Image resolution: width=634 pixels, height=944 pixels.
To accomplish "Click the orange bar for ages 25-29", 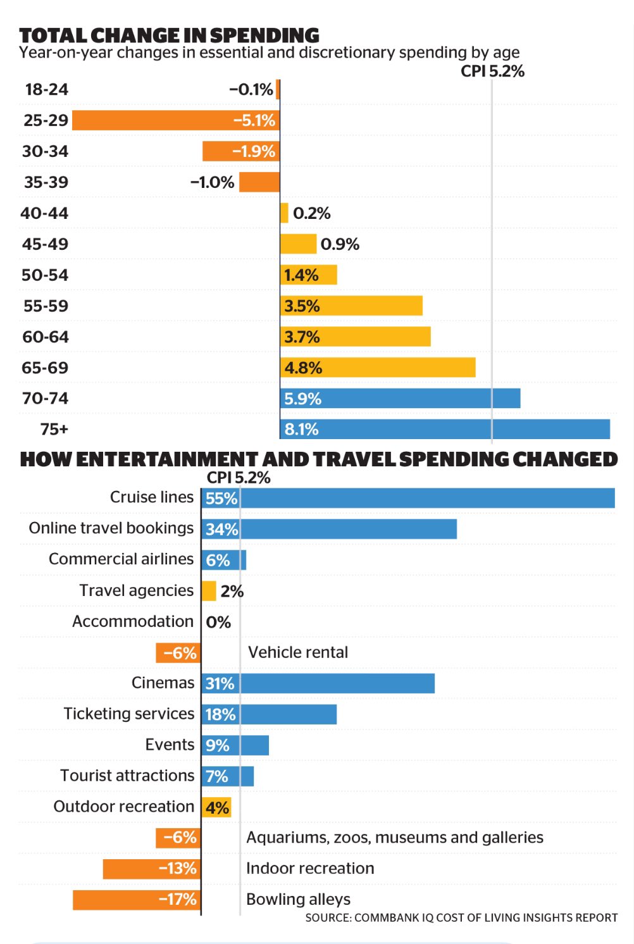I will click(x=152, y=120).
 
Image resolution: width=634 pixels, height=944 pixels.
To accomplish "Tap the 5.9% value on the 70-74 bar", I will click(x=302, y=399).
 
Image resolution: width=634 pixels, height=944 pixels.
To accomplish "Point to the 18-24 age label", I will click(x=46, y=89).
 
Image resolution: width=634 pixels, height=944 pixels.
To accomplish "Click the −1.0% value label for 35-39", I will click(x=212, y=182).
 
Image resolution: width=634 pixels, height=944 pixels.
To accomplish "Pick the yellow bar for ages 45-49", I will click(x=298, y=244).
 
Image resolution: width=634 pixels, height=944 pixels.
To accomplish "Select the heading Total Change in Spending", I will click(x=169, y=35).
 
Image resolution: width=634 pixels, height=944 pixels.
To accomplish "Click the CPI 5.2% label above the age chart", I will click(x=492, y=71).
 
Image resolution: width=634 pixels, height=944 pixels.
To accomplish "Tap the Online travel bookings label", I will click(x=111, y=528).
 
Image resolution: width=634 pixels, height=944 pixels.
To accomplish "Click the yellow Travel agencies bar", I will click(x=209, y=591).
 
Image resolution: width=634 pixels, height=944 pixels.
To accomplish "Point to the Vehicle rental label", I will click(x=298, y=652).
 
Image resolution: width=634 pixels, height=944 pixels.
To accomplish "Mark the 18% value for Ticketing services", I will click(x=220, y=714).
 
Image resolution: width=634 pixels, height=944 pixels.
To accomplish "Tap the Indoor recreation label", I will click(x=310, y=868).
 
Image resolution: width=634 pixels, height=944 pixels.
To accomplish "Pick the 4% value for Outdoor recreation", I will click(x=217, y=807).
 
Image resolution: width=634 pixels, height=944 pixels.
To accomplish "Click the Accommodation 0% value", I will click(x=218, y=622).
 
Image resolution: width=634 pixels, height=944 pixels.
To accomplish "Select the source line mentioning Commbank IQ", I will click(x=461, y=917).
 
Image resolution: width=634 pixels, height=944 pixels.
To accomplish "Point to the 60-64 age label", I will click(x=45, y=337).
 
